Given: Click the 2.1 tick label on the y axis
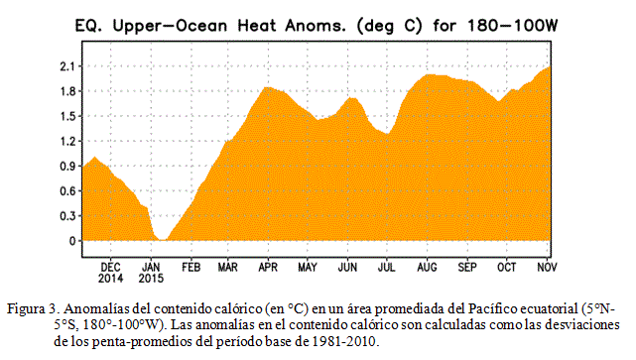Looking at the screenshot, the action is point(68,66).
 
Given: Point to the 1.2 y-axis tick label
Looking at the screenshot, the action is point(68,142).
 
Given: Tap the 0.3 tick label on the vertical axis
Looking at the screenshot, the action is point(68,216).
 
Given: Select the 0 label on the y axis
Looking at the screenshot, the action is point(72,241).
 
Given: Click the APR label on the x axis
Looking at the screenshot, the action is point(268,267).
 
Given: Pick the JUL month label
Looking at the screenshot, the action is point(387,267).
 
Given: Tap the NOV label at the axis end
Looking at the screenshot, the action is point(547,267).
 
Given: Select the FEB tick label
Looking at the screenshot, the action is point(191,267).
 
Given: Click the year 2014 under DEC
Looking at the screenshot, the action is point(110,279).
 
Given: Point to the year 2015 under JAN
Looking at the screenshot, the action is point(151,279).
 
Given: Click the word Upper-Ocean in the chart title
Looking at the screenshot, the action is point(170,26).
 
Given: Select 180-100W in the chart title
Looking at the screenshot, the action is point(513,26).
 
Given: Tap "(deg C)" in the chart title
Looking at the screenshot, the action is point(389,26).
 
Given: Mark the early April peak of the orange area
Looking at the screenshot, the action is point(267,87).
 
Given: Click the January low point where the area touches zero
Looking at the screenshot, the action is point(162,240).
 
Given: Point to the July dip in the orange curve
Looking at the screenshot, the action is point(387,134).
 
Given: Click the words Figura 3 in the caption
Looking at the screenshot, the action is point(34,308).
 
